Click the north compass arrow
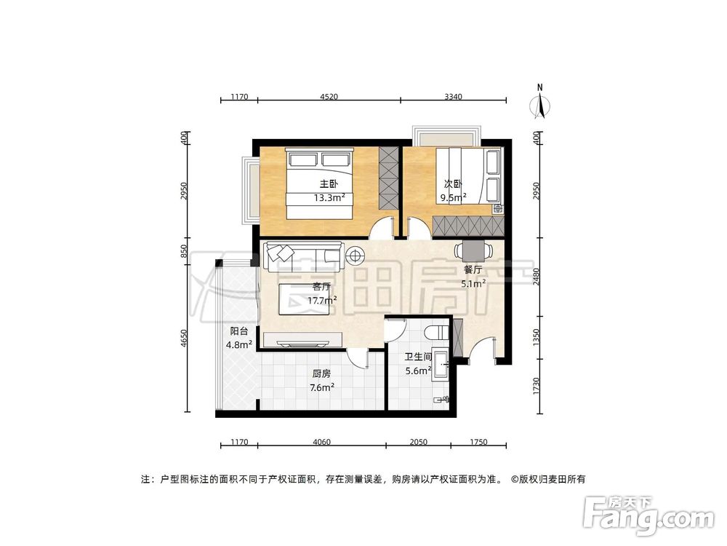539,103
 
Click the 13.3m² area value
329,197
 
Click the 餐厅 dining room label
473,270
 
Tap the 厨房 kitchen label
321,373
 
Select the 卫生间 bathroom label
418,357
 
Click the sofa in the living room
303,254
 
